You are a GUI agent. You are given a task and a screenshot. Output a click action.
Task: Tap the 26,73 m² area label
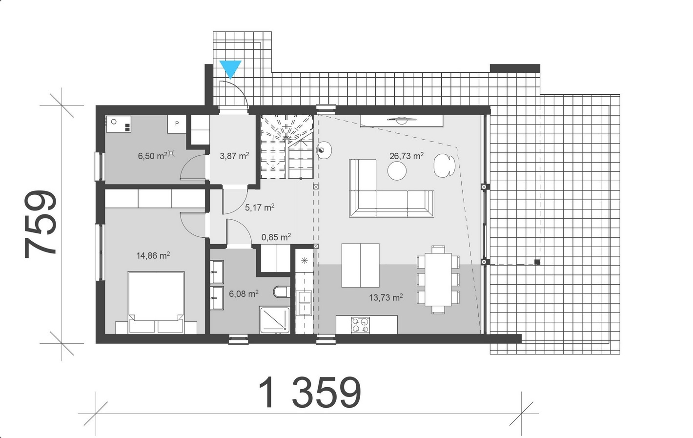pos(406,156)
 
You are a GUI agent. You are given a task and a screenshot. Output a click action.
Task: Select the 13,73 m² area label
pos(386,297)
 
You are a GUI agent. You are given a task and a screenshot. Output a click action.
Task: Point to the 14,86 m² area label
pos(153,255)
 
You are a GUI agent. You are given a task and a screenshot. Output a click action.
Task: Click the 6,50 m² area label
pos(153,156)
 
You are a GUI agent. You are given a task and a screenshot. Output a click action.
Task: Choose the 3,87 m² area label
pos(235,156)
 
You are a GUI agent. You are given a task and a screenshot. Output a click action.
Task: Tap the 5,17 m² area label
pos(260,207)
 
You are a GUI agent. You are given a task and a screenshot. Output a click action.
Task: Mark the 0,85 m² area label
pos(276,237)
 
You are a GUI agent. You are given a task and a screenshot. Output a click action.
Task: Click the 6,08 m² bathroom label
pos(244,293)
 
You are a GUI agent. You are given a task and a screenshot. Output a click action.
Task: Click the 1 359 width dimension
pos(309,393)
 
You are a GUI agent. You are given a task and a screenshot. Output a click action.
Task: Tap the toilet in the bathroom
pos(282,292)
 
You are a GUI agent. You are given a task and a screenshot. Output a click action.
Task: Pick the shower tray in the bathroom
pos(275,320)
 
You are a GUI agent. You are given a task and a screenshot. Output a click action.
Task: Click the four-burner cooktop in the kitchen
pos(360,325)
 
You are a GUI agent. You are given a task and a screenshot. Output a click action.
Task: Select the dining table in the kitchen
pos(438,279)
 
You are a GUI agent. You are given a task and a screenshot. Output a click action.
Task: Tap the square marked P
pos(177,124)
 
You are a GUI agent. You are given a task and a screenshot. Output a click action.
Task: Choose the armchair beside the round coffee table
pos(444,166)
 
